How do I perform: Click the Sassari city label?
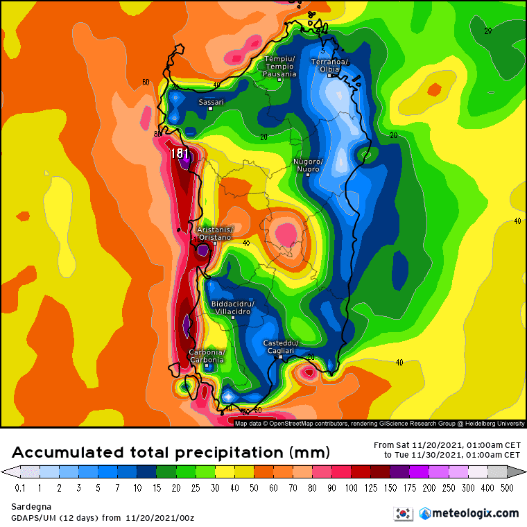(211, 102)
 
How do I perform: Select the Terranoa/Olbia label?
(331, 66)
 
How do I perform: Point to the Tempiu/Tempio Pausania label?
(280, 66)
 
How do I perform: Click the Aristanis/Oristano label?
(215, 233)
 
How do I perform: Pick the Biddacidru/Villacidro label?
(233, 307)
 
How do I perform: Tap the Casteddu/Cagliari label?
(280, 347)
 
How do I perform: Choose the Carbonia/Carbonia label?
(207, 356)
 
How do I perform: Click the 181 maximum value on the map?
(180, 153)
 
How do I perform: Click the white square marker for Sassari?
(211, 110)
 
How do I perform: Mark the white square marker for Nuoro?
(308, 175)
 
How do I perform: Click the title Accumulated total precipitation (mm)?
(171, 453)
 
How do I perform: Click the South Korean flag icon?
(402, 513)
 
